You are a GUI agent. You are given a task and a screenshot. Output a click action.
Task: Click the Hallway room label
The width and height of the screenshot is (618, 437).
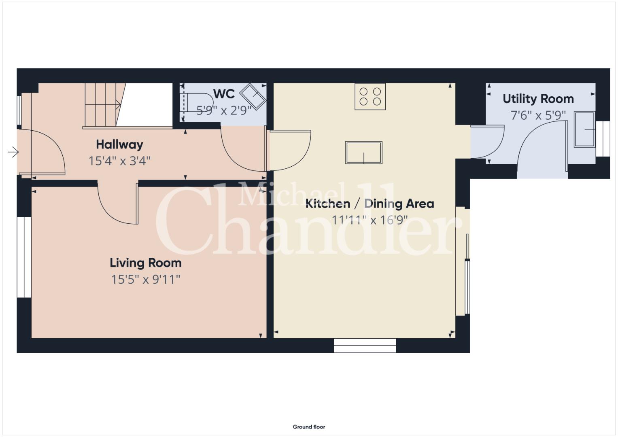point(119,144)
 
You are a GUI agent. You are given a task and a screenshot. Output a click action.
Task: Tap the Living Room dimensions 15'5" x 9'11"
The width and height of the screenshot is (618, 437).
point(145,280)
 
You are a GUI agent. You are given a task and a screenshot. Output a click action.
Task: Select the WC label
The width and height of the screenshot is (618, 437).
point(224,94)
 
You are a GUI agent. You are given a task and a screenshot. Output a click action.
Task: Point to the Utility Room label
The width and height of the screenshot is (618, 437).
point(538,99)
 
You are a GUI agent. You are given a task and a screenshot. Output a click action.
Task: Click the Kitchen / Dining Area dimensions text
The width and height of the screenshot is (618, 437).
point(370,220)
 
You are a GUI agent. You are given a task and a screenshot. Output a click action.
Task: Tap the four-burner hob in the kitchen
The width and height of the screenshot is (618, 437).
point(370,97)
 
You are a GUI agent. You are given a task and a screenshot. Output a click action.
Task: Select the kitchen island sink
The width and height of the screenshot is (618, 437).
point(363,153)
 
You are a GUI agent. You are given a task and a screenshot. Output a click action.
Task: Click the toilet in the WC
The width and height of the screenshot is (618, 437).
point(196,102)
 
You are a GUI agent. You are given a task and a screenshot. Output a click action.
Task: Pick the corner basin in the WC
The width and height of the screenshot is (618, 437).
point(253,96)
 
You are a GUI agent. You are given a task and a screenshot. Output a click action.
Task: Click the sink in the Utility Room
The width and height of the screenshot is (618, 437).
point(584,129)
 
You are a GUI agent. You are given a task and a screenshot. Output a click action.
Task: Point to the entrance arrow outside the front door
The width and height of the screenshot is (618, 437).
point(13,152)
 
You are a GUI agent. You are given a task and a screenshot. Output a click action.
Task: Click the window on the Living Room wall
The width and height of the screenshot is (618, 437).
point(24,257)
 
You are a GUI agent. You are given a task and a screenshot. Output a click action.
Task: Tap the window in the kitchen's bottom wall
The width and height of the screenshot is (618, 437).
point(365,346)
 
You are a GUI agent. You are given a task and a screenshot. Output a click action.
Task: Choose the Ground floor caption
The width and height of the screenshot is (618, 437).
point(309,427)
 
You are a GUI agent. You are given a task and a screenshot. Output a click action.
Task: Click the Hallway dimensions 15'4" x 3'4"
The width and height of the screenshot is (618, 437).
point(119,161)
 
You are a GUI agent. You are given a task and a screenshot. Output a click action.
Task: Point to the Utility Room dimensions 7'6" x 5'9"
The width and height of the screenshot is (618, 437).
point(538,115)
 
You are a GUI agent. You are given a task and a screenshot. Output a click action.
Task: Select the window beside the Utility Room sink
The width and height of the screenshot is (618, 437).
point(603,139)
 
